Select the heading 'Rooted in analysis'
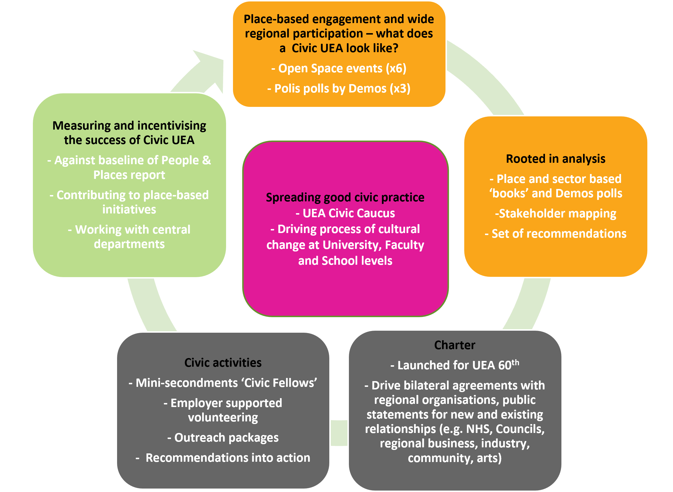[556, 159]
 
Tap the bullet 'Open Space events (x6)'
[339, 69]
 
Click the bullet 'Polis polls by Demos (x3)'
[339, 89]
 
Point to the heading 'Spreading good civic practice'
[345, 197]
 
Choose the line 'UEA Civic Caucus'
[345, 213]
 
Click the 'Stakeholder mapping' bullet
[556, 213]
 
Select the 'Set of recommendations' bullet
[556, 234]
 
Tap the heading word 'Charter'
[454, 345]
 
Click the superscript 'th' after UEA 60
[515, 363]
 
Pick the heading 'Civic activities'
[223, 363]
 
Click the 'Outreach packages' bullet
[223, 438]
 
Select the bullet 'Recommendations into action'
[223, 458]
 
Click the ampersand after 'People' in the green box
[206, 160]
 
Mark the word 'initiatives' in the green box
[129, 210]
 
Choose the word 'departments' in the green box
[129, 244]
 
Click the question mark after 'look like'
[396, 48]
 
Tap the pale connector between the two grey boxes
[339, 433]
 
